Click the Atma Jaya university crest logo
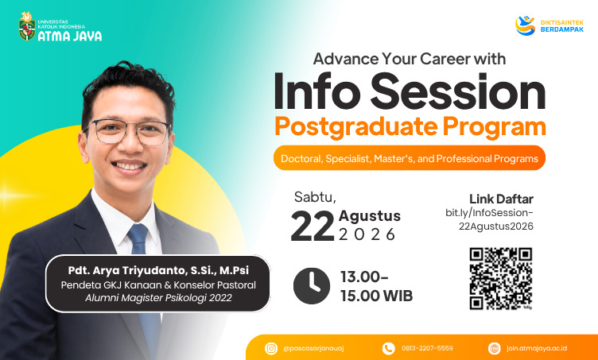click(27, 26)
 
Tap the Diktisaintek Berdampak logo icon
click(525, 25)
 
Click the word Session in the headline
click(458, 92)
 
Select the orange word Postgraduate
click(355, 127)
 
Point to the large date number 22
click(313, 226)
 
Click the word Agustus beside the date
click(369, 216)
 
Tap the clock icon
click(312, 286)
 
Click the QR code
click(501, 278)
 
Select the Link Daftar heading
click(501, 199)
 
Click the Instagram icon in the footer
click(271, 348)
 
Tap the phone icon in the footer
click(388, 348)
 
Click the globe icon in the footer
click(495, 348)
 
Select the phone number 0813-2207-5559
click(427, 348)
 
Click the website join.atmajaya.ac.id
click(537, 348)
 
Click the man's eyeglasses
click(127, 131)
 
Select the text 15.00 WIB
click(376, 296)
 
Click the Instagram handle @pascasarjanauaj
click(313, 349)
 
